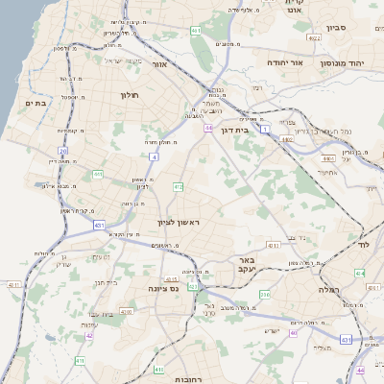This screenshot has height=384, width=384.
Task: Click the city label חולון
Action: point(131,95)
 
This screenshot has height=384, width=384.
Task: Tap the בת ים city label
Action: point(36,104)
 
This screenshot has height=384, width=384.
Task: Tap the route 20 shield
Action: point(63,151)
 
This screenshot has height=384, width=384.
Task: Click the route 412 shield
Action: point(178,186)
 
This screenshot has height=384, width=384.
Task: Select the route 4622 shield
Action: point(314,37)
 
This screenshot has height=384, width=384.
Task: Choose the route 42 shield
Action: point(89,335)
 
